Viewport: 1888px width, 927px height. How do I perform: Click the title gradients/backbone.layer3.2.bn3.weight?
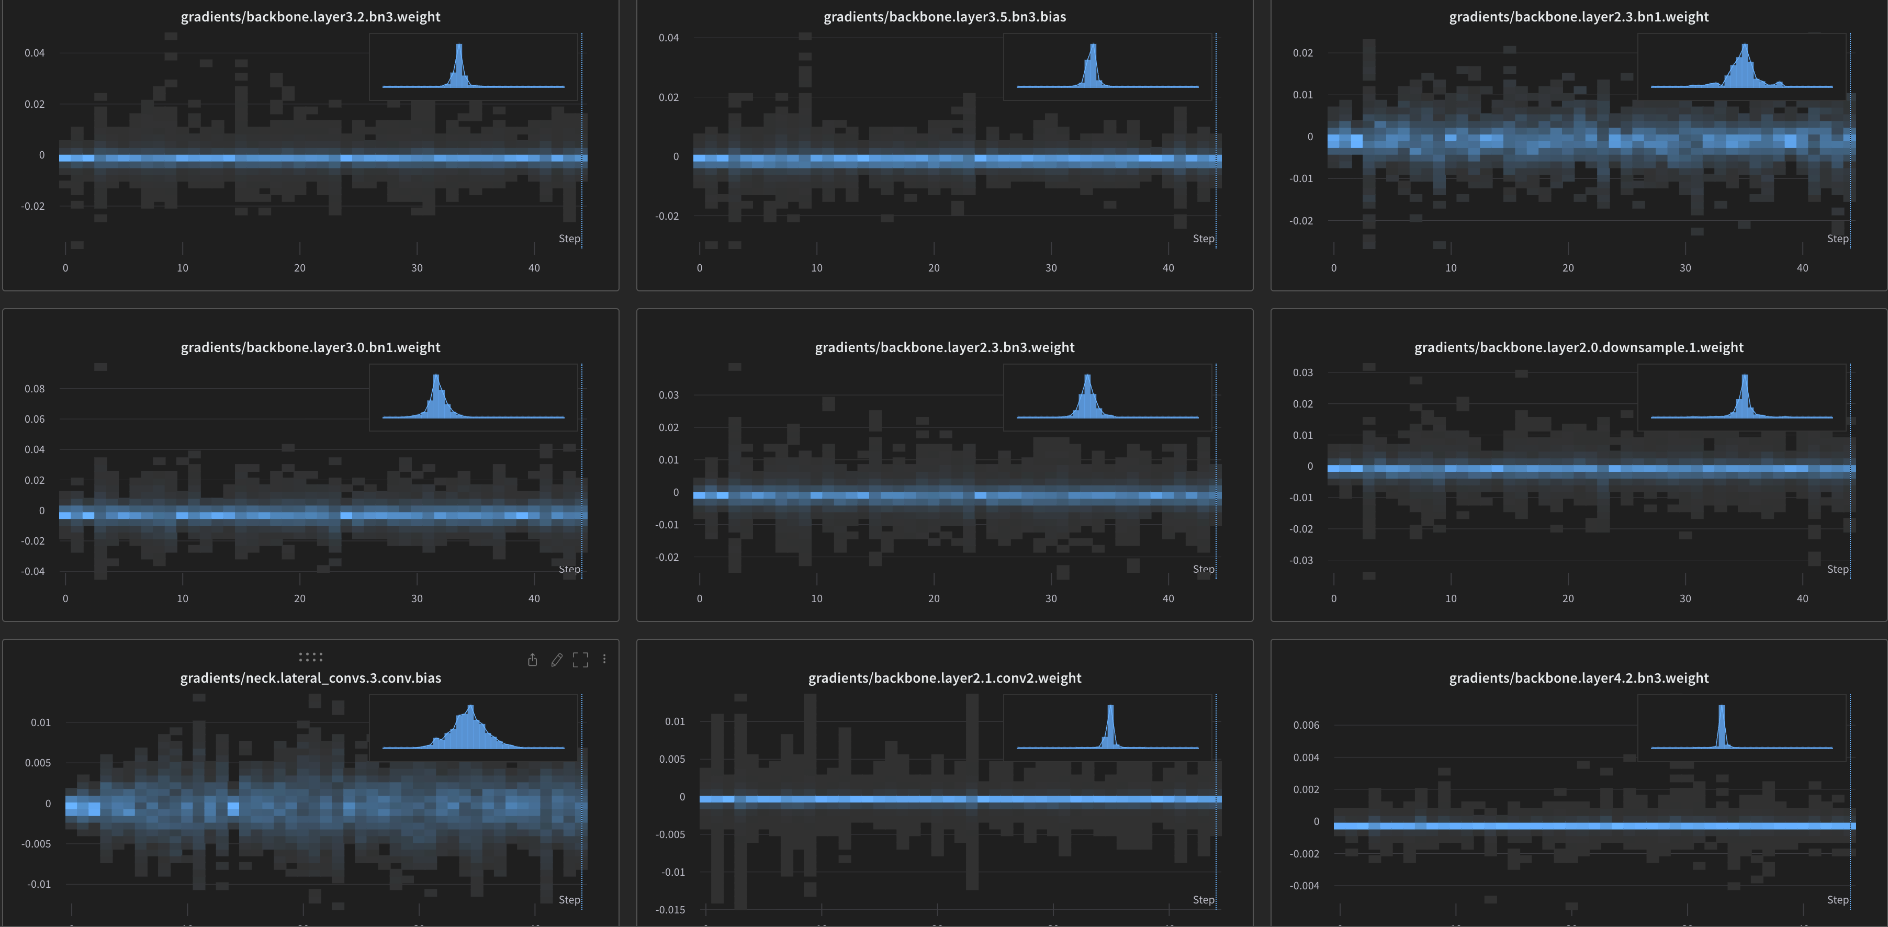(310, 17)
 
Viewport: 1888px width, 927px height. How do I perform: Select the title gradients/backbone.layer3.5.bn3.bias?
(944, 17)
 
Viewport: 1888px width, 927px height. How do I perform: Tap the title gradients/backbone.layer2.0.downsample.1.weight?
(1578, 347)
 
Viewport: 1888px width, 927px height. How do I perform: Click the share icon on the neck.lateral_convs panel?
(533, 660)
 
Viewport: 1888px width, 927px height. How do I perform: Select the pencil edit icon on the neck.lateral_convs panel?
(557, 660)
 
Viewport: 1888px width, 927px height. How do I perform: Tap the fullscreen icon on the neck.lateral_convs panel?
(580, 660)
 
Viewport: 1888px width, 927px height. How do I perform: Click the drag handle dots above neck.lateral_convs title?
(310, 657)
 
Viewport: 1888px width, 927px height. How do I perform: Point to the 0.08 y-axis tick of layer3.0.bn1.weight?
(35, 388)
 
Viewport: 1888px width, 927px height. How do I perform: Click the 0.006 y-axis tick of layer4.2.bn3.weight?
(1306, 725)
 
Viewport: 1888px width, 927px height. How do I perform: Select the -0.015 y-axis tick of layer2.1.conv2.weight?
(670, 909)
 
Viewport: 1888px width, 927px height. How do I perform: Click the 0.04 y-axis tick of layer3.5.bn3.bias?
(668, 37)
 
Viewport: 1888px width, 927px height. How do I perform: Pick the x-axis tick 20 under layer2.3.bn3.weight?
(934, 598)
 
